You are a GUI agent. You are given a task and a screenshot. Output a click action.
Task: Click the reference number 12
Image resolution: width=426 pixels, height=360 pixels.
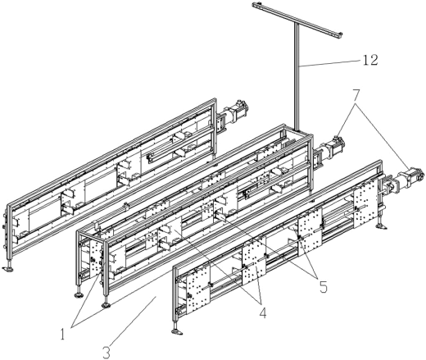tap(369, 60)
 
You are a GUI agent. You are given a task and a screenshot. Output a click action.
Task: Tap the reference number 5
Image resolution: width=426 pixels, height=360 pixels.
tap(323, 287)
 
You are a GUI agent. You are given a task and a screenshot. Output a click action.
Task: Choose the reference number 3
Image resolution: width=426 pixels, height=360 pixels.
tap(106, 353)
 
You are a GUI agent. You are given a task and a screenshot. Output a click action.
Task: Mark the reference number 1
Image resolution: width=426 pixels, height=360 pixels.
tap(63, 334)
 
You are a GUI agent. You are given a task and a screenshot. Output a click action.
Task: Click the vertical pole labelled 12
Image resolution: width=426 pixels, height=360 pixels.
tap(297, 77)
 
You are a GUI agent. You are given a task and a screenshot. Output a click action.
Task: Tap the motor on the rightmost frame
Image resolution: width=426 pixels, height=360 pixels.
tap(411, 176)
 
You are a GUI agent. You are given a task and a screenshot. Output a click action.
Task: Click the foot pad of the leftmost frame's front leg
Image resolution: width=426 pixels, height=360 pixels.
tap(8, 269)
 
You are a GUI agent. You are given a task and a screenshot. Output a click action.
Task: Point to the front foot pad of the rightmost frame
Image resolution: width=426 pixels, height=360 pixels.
tap(177, 332)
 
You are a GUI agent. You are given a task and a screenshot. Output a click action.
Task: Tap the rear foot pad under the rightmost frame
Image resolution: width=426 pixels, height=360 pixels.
tap(381, 226)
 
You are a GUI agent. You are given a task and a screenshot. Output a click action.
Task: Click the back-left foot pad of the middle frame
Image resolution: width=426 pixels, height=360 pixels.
tap(79, 295)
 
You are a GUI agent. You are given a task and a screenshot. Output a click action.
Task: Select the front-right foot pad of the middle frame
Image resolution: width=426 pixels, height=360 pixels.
tap(106, 305)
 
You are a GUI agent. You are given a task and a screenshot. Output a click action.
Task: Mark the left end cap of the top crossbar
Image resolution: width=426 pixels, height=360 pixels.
tap(255, 4)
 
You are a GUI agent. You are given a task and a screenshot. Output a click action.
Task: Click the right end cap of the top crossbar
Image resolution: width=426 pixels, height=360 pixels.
tap(340, 34)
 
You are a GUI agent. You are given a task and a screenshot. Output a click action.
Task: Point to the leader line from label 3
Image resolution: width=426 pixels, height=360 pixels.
tap(134, 321)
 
